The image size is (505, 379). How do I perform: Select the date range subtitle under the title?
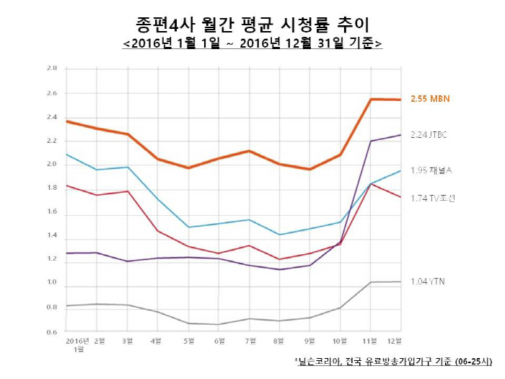pyautogui.click(x=252, y=43)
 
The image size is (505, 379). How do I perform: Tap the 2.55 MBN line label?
pyautogui.click(x=429, y=99)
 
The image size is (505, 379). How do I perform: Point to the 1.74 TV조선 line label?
pyautogui.click(x=433, y=198)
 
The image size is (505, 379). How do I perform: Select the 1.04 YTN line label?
pyautogui.click(x=428, y=281)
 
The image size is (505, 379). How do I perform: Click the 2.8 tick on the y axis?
pyautogui.click(x=52, y=69)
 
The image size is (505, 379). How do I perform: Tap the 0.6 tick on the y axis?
pyautogui.click(x=52, y=332)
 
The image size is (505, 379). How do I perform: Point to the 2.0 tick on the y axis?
pyautogui.click(x=52, y=164)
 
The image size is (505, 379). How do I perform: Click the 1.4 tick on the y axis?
pyautogui.click(x=52, y=235)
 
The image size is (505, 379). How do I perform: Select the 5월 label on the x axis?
pyautogui.click(x=190, y=339)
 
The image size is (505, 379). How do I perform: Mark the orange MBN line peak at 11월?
pyautogui.click(x=371, y=99)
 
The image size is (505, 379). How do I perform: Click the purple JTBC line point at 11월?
pyautogui.click(x=371, y=141)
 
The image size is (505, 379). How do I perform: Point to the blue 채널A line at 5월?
pyautogui.click(x=190, y=227)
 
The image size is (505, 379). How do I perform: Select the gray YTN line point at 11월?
pyautogui.click(x=371, y=282)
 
